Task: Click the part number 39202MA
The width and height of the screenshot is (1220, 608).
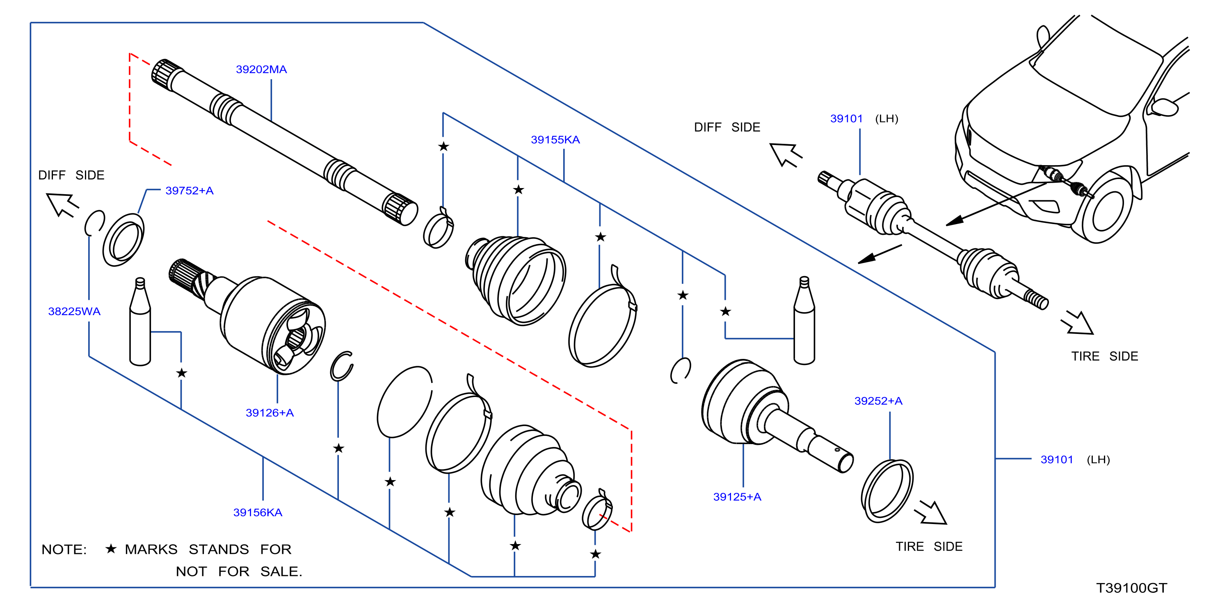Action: pyautogui.click(x=261, y=70)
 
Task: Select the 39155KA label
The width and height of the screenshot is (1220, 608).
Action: pyautogui.click(x=555, y=140)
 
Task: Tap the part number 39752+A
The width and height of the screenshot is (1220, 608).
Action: pyautogui.click(x=190, y=191)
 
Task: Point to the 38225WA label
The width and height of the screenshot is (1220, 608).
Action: pyautogui.click(x=74, y=311)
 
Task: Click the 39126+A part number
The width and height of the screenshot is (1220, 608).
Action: pyautogui.click(x=270, y=413)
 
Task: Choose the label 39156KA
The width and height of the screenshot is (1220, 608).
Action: pyautogui.click(x=258, y=513)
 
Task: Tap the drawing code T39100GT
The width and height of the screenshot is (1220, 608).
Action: pyautogui.click(x=1131, y=588)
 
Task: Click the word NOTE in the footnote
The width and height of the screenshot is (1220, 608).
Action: pyautogui.click(x=64, y=549)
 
